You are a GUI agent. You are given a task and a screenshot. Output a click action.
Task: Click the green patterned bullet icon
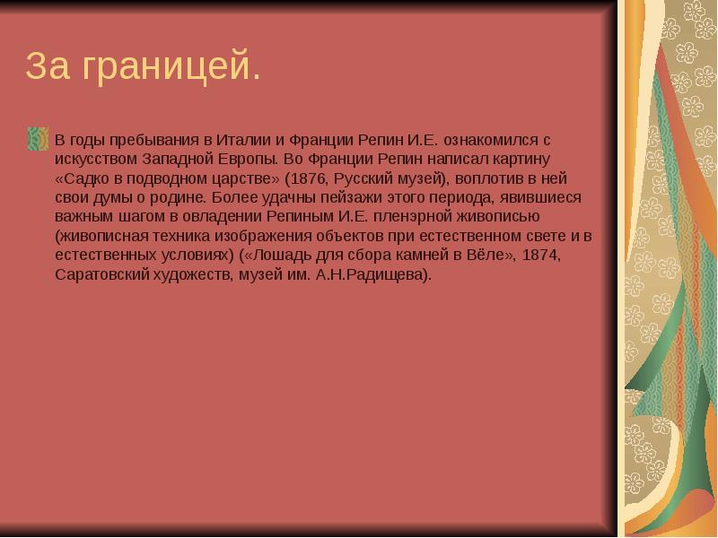pyautogui.click(x=38, y=138)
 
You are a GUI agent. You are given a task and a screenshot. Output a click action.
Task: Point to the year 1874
pyautogui.click(x=542, y=255)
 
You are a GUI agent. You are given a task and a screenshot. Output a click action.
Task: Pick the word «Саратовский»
pyautogui.click(x=100, y=274)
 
